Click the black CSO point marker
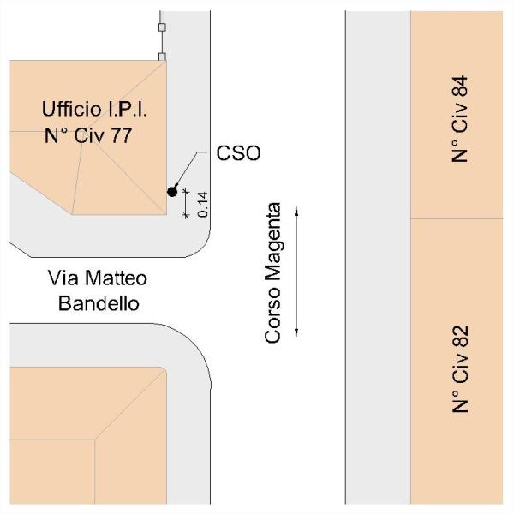172,191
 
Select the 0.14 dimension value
202,203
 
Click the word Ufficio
70,110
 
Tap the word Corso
273,320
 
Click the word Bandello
97,302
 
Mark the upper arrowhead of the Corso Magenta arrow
296,209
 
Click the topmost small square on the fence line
161,26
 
